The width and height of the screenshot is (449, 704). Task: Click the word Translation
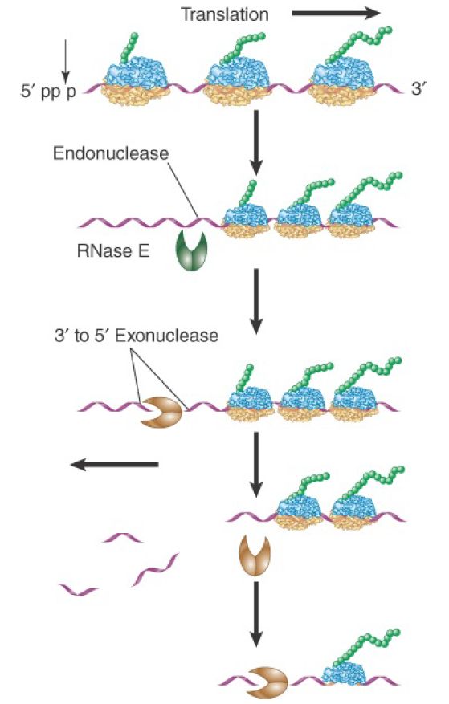click(225, 14)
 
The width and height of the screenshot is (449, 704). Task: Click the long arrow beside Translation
click(337, 14)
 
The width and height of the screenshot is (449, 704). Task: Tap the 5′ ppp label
click(48, 92)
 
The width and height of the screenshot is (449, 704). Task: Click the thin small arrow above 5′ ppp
click(66, 61)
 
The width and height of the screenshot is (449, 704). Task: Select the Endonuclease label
click(111, 153)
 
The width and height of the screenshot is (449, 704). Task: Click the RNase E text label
click(112, 250)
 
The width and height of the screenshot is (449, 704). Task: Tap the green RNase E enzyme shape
click(190, 250)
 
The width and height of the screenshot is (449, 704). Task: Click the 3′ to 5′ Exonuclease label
click(137, 336)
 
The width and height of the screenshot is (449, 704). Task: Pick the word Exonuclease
click(167, 336)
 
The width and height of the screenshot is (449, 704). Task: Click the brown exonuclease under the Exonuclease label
click(161, 413)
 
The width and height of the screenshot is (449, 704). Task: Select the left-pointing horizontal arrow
click(115, 464)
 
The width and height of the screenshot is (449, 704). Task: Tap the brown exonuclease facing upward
click(255, 555)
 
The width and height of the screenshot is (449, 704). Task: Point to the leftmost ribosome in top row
click(137, 83)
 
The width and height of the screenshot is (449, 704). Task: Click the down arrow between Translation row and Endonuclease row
click(256, 142)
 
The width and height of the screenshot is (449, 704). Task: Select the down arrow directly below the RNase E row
click(256, 301)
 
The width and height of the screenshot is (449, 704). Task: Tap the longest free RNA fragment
click(155, 570)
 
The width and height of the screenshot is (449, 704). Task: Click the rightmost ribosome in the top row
click(345, 83)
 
